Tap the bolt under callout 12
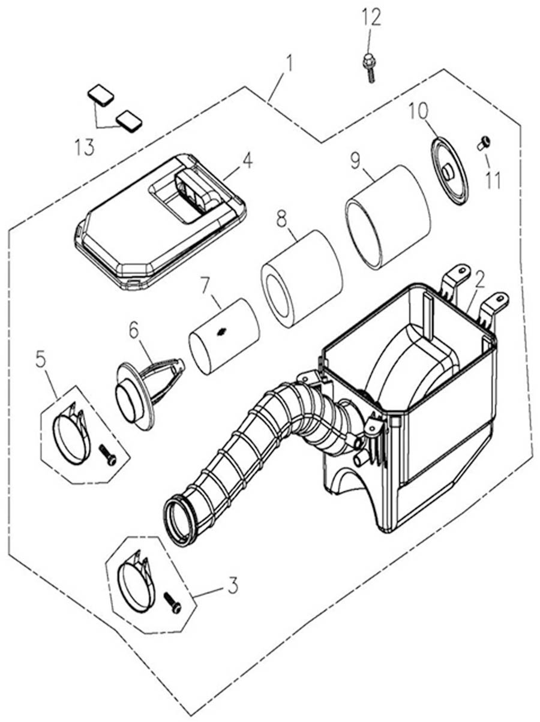[x=368, y=67]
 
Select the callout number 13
[x=85, y=147]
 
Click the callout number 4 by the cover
[x=247, y=160]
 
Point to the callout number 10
[x=419, y=111]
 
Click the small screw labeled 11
[x=484, y=143]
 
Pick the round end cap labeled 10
[x=448, y=170]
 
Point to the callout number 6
[x=133, y=329]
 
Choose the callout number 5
[x=41, y=359]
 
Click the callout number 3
[x=232, y=583]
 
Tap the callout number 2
[x=479, y=277]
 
